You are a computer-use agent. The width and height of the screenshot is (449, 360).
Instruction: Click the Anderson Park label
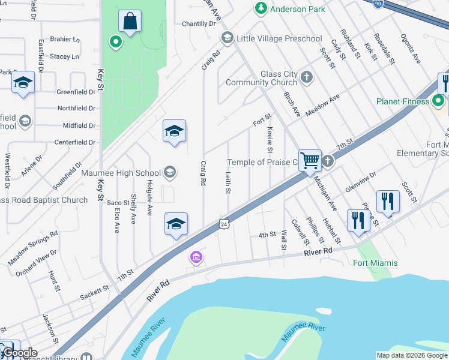(x=298, y=9)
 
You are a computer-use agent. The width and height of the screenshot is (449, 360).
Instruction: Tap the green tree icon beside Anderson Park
(x=261, y=8)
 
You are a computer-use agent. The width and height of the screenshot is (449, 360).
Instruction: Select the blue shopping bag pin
(x=130, y=22)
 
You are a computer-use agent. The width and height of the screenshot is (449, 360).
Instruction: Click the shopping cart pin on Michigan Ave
(x=310, y=160)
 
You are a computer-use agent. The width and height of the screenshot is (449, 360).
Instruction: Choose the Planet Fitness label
(x=403, y=101)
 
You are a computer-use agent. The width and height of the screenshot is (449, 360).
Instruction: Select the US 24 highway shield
(x=224, y=223)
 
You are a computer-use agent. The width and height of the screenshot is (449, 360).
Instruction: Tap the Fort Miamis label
(x=375, y=263)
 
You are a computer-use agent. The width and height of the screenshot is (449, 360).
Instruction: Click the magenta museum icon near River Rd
(x=196, y=257)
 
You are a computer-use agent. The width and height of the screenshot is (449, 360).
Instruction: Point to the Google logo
(x=19, y=353)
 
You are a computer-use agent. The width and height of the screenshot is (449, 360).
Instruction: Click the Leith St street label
(x=228, y=184)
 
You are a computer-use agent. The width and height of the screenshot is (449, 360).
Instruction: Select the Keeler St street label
(x=270, y=139)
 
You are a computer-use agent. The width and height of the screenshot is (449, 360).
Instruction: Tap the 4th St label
(x=267, y=234)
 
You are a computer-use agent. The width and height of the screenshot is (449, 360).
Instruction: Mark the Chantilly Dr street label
(x=199, y=24)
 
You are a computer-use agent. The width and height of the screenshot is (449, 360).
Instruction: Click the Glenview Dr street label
(x=360, y=182)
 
